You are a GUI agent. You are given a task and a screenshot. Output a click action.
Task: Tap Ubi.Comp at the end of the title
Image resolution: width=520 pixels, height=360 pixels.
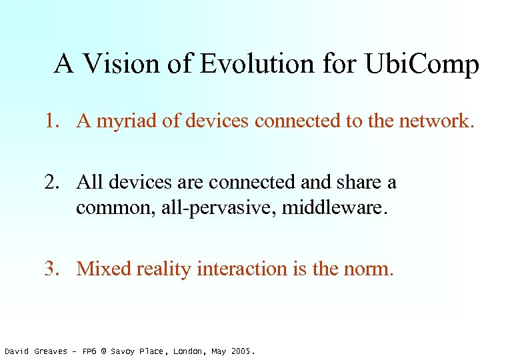(x=422, y=65)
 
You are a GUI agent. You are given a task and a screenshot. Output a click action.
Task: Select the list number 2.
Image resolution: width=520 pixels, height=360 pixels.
(x=51, y=181)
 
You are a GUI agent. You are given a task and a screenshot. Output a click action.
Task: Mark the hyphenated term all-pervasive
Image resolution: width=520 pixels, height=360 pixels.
(x=217, y=208)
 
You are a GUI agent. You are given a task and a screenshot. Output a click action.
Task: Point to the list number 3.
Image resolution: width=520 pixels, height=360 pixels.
(x=51, y=269)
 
